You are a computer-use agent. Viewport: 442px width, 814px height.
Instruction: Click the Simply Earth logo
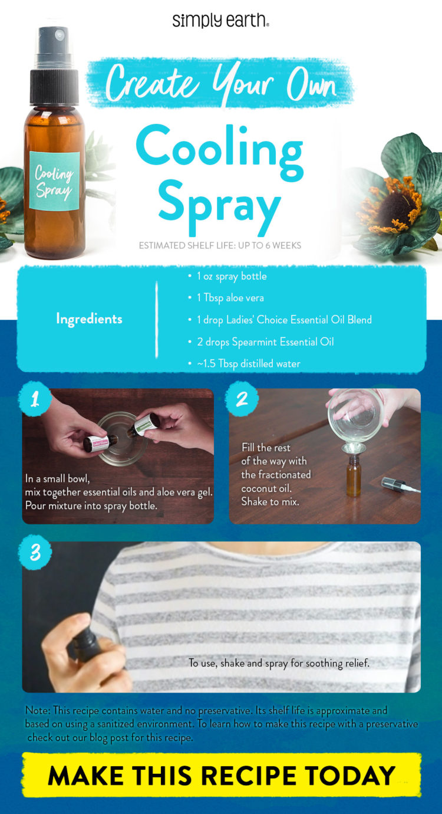[x=221, y=21]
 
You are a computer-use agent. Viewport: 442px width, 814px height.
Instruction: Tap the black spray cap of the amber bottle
[x=54, y=77]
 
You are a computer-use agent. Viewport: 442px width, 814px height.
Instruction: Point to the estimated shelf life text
[x=220, y=245]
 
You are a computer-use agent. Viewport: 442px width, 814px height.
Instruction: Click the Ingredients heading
[x=89, y=319]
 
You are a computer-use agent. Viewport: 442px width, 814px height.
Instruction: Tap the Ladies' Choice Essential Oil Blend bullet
[x=283, y=320]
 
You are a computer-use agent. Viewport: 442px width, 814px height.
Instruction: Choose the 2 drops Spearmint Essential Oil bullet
[x=265, y=342]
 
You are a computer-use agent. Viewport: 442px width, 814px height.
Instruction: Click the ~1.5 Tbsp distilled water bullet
[x=248, y=363]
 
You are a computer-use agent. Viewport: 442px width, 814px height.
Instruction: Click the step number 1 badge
[x=35, y=399]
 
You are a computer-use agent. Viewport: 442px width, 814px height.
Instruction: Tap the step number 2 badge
[x=242, y=399]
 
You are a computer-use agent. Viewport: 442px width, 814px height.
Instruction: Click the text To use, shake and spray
[x=279, y=663]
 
